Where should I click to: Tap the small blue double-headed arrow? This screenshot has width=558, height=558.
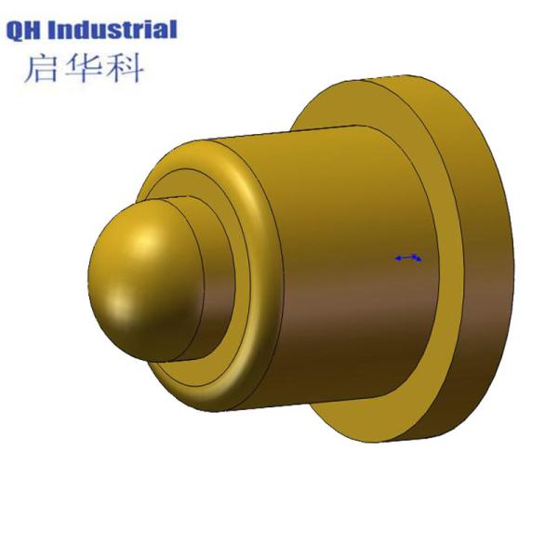coord(407,258)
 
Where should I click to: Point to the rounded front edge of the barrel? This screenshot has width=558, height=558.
coord(260,232)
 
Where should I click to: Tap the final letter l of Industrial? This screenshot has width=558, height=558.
coord(172,30)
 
